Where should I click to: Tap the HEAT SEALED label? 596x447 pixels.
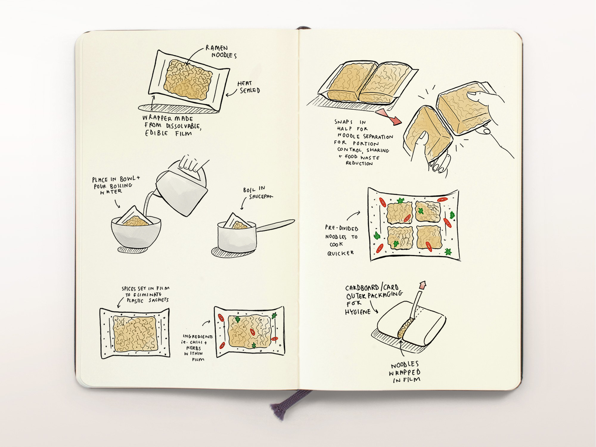point(249,87)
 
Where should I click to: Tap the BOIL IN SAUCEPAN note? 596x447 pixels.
point(257,193)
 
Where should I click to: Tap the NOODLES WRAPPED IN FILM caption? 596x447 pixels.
point(405,372)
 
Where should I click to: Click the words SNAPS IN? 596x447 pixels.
point(350,122)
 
